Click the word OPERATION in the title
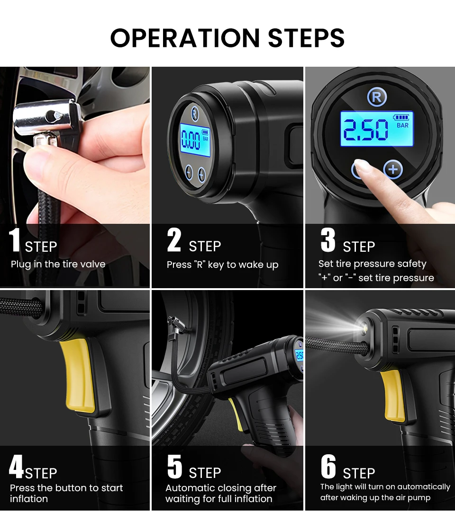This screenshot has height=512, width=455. click(185, 37)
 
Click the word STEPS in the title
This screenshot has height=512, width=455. click(306, 37)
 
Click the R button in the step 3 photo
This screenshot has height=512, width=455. click(377, 97)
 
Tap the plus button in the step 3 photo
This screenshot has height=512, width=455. click(393, 169)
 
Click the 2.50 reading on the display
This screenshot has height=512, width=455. click(366, 129)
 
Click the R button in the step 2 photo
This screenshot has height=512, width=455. click(195, 115)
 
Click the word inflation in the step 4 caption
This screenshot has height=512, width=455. click(29, 499)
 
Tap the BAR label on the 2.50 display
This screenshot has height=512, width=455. click(402, 125)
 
